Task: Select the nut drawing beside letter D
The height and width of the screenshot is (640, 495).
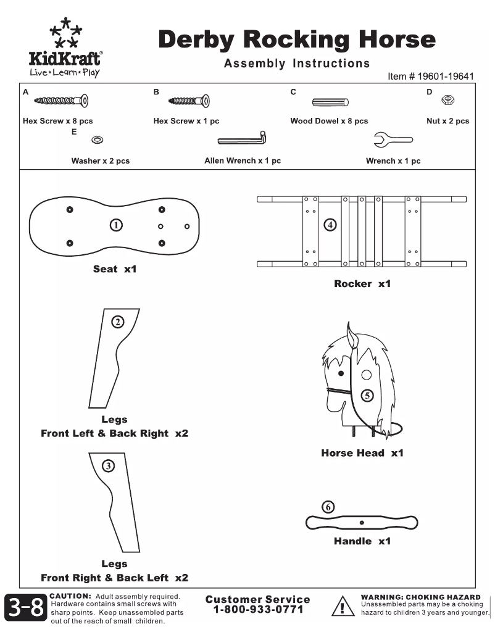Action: tap(450, 99)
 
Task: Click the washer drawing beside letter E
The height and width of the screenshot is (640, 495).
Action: tap(97, 140)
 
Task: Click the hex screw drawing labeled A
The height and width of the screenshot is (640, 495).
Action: tap(61, 100)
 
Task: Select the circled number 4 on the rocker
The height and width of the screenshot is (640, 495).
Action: tap(331, 225)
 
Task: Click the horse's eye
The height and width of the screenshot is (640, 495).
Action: tap(340, 373)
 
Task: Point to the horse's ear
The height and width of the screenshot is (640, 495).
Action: tap(353, 336)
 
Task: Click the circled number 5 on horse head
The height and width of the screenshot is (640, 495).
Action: tap(367, 396)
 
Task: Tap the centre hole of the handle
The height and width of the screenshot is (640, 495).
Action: tap(362, 523)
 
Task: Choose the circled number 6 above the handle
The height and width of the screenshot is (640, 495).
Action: tap(328, 507)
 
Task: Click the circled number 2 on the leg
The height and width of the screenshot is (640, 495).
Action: tap(117, 321)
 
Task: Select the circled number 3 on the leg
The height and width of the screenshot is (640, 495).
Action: tap(109, 466)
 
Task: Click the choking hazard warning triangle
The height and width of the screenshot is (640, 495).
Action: tap(341, 607)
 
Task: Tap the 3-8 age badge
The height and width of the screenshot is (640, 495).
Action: tap(26, 609)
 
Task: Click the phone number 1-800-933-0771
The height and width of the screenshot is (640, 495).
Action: tap(258, 610)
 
